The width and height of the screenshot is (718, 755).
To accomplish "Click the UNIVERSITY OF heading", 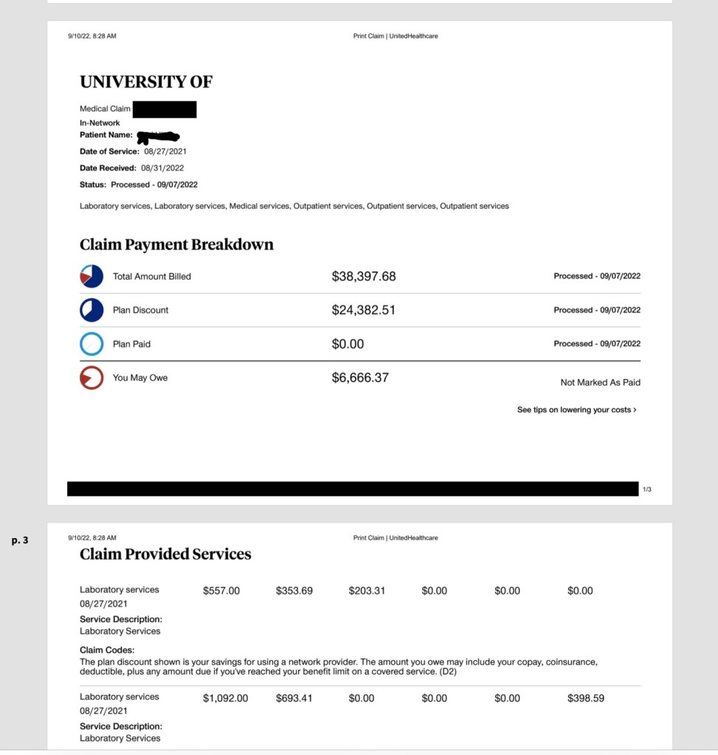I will click(146, 82).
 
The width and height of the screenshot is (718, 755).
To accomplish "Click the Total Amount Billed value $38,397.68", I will click(364, 276).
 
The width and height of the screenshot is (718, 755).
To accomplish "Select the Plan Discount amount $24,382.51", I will click(363, 310).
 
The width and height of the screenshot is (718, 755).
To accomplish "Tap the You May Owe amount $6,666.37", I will click(360, 378).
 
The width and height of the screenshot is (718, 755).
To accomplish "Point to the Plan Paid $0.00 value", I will click(348, 344).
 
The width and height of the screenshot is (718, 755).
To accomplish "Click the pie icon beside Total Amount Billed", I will click(92, 276).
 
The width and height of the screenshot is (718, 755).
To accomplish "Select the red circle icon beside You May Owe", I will click(92, 378).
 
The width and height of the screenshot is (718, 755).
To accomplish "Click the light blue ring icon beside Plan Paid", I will click(92, 344).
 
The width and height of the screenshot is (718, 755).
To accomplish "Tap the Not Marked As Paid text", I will click(600, 382).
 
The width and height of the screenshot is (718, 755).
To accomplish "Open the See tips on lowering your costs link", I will click(576, 410).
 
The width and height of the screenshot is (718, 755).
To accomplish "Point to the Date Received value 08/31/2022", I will click(162, 168).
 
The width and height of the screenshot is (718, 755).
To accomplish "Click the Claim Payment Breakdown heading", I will click(176, 244).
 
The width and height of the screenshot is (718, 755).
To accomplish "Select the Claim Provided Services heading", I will click(165, 554).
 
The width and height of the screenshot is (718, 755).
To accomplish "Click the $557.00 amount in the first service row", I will click(221, 590).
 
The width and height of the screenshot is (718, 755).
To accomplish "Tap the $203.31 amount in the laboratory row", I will click(367, 590).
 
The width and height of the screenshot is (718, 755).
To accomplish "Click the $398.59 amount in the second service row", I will click(586, 698).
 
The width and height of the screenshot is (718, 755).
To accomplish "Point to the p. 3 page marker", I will click(20, 541).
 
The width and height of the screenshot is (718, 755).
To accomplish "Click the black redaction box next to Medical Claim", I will click(165, 109).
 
